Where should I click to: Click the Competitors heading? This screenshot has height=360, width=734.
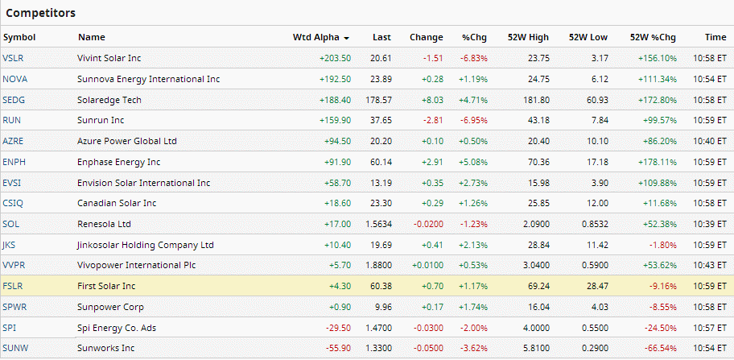coord(41,13)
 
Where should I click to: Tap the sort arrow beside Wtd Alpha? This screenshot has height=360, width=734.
coord(347,38)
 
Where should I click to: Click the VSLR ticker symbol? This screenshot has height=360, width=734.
coord(12,58)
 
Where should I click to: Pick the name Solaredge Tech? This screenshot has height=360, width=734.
coord(109,100)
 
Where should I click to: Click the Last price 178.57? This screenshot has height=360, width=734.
coord(377,100)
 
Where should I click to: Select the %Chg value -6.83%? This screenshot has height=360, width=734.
coord(473,58)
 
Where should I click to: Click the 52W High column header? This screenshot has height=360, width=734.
coord(528,38)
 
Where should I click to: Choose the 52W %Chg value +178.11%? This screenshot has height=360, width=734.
coord(658,162)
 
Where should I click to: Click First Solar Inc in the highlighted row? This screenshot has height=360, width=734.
coord(106,286)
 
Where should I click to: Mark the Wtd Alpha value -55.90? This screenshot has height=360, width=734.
coord(337,348)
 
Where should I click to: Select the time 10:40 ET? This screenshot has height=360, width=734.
coord(710,141)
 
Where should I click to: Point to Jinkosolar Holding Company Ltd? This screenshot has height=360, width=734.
coord(146,245)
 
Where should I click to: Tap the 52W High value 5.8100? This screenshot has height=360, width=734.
coord(534,348)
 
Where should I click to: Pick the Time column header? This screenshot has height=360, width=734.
coord(715,38)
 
